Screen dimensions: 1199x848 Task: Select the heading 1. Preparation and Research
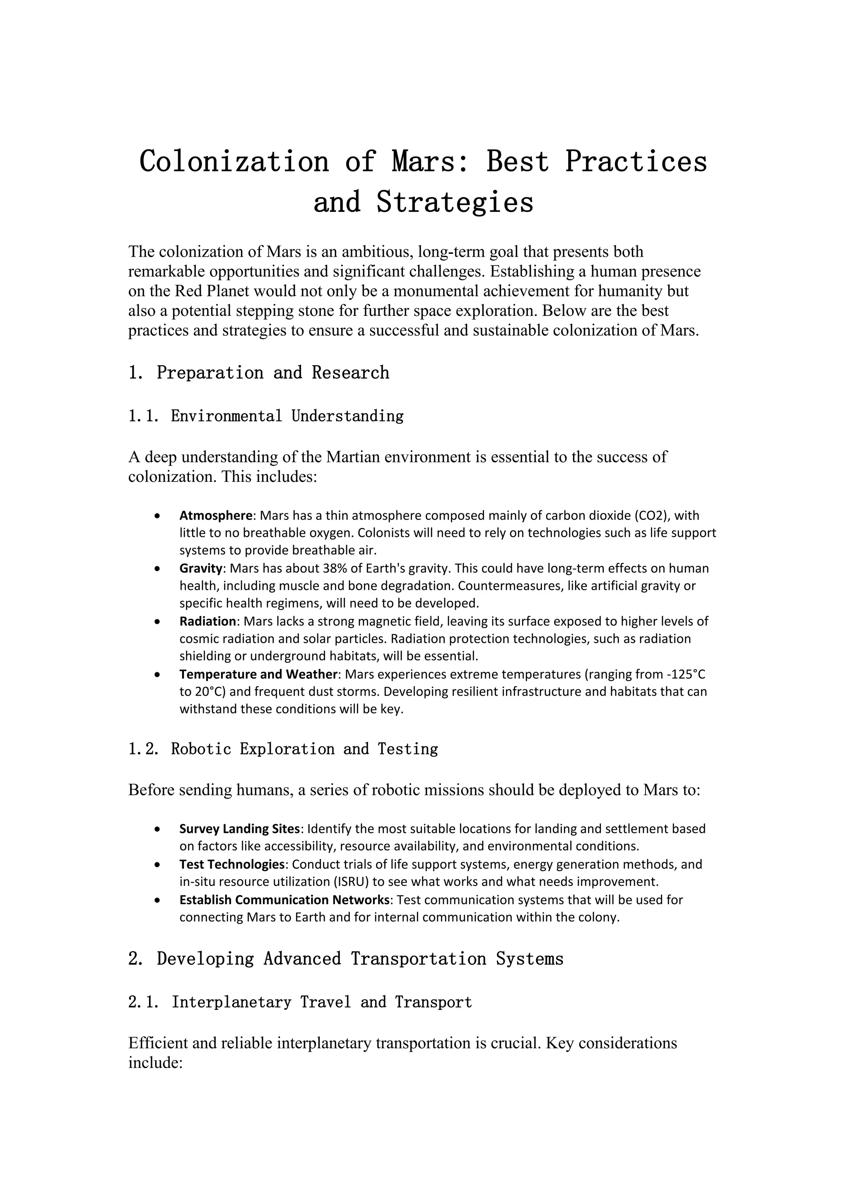[x=258, y=373]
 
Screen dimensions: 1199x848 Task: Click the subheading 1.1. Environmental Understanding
[x=266, y=416]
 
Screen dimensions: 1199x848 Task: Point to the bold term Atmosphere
[x=216, y=516]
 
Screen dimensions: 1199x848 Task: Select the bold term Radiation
[x=208, y=621]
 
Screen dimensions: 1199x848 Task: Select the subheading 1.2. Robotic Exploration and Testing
[x=283, y=749]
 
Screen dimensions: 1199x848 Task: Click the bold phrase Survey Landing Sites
[x=240, y=829]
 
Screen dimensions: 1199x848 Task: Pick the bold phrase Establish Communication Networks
[x=284, y=900]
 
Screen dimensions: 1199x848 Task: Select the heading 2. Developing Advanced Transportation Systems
[x=346, y=959]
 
